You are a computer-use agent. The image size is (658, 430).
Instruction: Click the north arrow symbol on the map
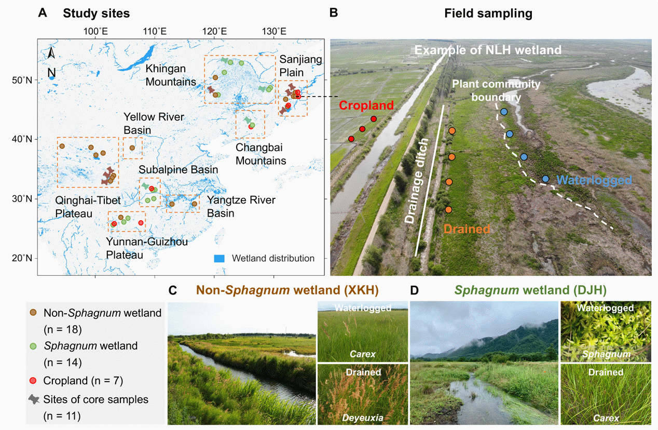pyautogui.click(x=51, y=54)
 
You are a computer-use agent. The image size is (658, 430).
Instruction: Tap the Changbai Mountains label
pyautogui.click(x=261, y=154)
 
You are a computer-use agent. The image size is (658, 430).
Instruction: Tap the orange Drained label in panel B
pyautogui.click(x=467, y=229)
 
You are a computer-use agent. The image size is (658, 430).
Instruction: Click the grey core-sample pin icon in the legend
pyautogui.click(x=34, y=399)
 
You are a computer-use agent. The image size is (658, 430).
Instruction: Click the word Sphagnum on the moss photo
pyautogui.click(x=606, y=354)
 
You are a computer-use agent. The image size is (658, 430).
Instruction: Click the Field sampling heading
pyautogui.click(x=488, y=14)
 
